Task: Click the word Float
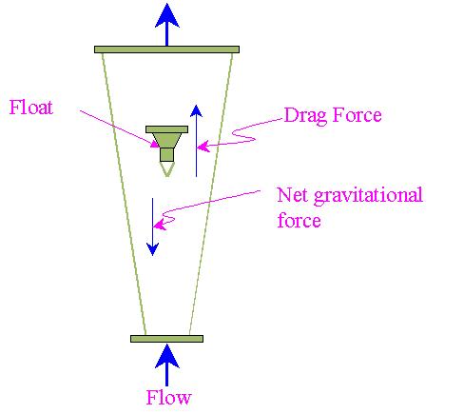click(31, 108)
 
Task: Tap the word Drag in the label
click(305, 115)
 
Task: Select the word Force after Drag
click(357, 114)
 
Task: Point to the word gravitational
click(368, 196)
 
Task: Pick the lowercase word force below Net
click(299, 220)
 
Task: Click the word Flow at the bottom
click(168, 397)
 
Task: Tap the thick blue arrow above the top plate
click(167, 25)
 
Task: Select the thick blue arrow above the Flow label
click(167, 365)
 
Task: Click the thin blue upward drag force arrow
click(196, 141)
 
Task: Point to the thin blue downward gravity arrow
click(153, 227)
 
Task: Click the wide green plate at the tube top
click(166, 49)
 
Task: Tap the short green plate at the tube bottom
click(166, 339)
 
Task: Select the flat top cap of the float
click(166, 129)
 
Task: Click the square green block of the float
click(166, 155)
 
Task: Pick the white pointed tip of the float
click(167, 168)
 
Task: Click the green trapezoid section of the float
click(166, 140)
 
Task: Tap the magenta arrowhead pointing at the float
click(155, 144)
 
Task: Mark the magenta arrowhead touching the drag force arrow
click(203, 147)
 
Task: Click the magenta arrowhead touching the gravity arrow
click(160, 225)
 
